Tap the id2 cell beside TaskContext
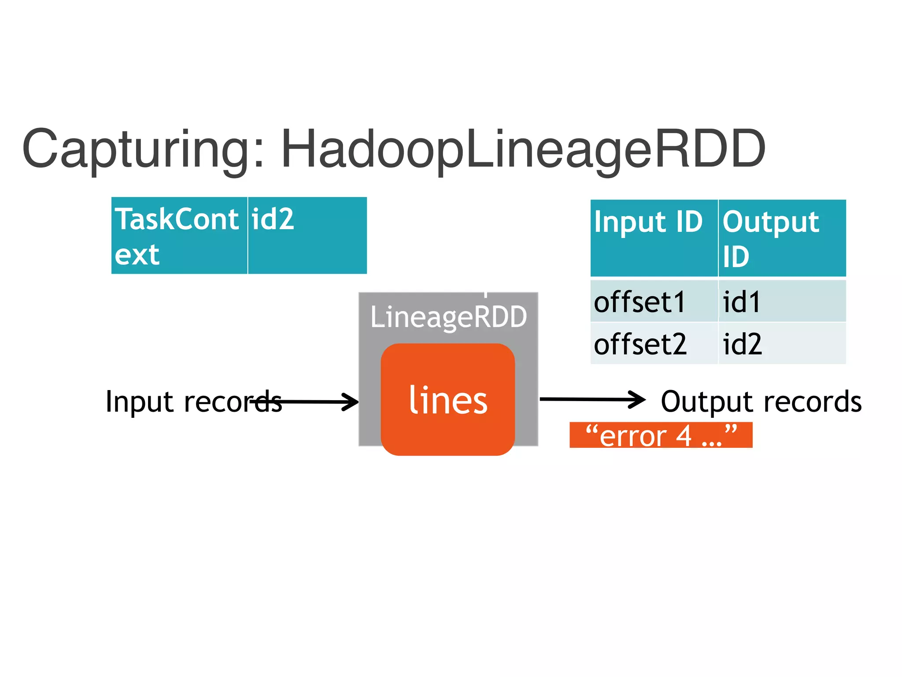pyautogui.click(x=307, y=236)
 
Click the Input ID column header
pyautogui.click(x=654, y=238)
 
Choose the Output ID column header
pyautogui.click(x=782, y=238)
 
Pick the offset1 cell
pyautogui.click(x=654, y=301)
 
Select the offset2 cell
pyautogui.click(x=654, y=344)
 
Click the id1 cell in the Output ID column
pyautogui.click(x=782, y=301)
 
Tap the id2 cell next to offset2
pyautogui.click(x=782, y=344)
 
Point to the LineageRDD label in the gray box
pyautogui.click(x=448, y=316)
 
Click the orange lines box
pyautogui.click(x=447, y=399)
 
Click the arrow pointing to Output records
pyautogui.click(x=592, y=399)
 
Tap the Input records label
pyautogui.click(x=194, y=402)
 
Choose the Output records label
pyautogui.click(x=761, y=402)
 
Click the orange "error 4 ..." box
pyautogui.click(x=661, y=435)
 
